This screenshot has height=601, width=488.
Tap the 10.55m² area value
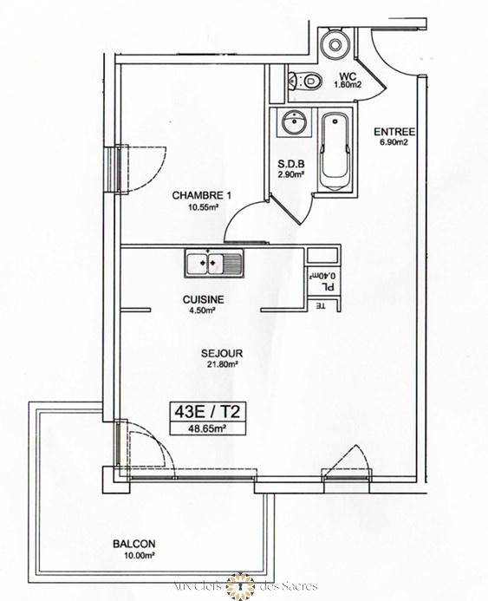200,207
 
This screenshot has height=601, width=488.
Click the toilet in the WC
305,80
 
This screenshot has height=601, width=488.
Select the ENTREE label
394,132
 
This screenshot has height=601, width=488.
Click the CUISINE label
204,299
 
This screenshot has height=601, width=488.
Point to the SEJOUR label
221,353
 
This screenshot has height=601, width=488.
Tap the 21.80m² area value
221,365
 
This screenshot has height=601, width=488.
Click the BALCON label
134,544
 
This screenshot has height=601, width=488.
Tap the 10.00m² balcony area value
134,556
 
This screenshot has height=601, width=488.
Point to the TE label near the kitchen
321,305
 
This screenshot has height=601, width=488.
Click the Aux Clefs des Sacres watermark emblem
235,586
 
